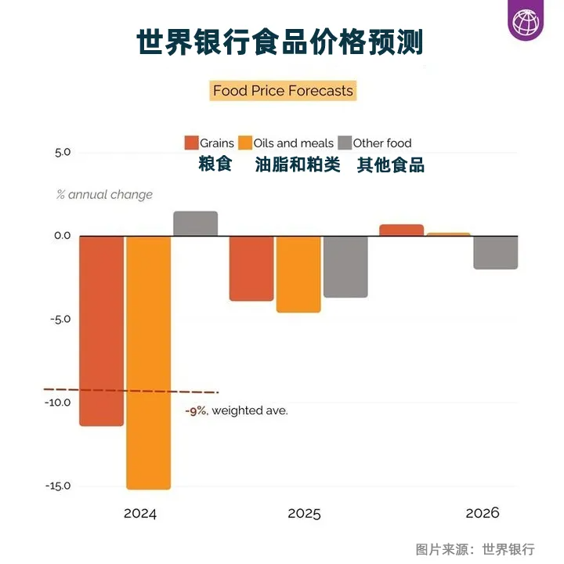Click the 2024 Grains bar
pos(101,330)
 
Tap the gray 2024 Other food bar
pos(195,223)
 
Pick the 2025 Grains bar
pos(251,268)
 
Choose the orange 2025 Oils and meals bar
pos(298,274)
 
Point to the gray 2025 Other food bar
pos(345,266)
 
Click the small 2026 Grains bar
pos(401,230)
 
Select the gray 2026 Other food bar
pos(495,252)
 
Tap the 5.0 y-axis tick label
pos(63,153)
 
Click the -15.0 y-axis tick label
pos(60,486)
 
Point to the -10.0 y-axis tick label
pos(60,403)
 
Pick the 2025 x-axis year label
pos(304,514)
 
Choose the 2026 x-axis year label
pos(482,514)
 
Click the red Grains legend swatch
pos(191,143)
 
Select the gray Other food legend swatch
pos(344,143)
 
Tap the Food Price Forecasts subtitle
pos(283,91)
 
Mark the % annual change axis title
pos(104,194)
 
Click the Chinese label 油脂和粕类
pos(298,165)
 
